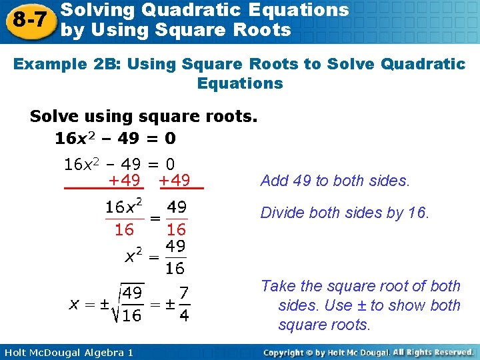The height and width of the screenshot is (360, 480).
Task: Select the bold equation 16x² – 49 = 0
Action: click(115, 138)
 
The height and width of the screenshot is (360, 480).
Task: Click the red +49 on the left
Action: click(125, 180)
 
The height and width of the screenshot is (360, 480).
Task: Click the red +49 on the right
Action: click(175, 180)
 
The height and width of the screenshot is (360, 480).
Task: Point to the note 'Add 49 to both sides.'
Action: click(335, 181)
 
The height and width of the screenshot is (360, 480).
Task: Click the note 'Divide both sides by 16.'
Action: click(345, 213)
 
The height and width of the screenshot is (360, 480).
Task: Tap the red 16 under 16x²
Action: click(124, 230)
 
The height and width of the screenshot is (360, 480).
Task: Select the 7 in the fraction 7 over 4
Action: click(184, 293)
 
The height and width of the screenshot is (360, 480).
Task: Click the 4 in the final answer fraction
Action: click(184, 315)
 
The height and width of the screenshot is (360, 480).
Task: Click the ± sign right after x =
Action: click(104, 304)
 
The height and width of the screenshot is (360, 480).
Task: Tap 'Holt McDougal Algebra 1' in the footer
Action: click(68, 351)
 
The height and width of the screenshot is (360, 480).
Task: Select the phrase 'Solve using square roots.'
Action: click(143, 117)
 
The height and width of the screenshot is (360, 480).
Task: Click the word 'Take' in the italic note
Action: click(278, 286)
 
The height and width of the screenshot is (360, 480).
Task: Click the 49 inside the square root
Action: click(132, 293)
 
